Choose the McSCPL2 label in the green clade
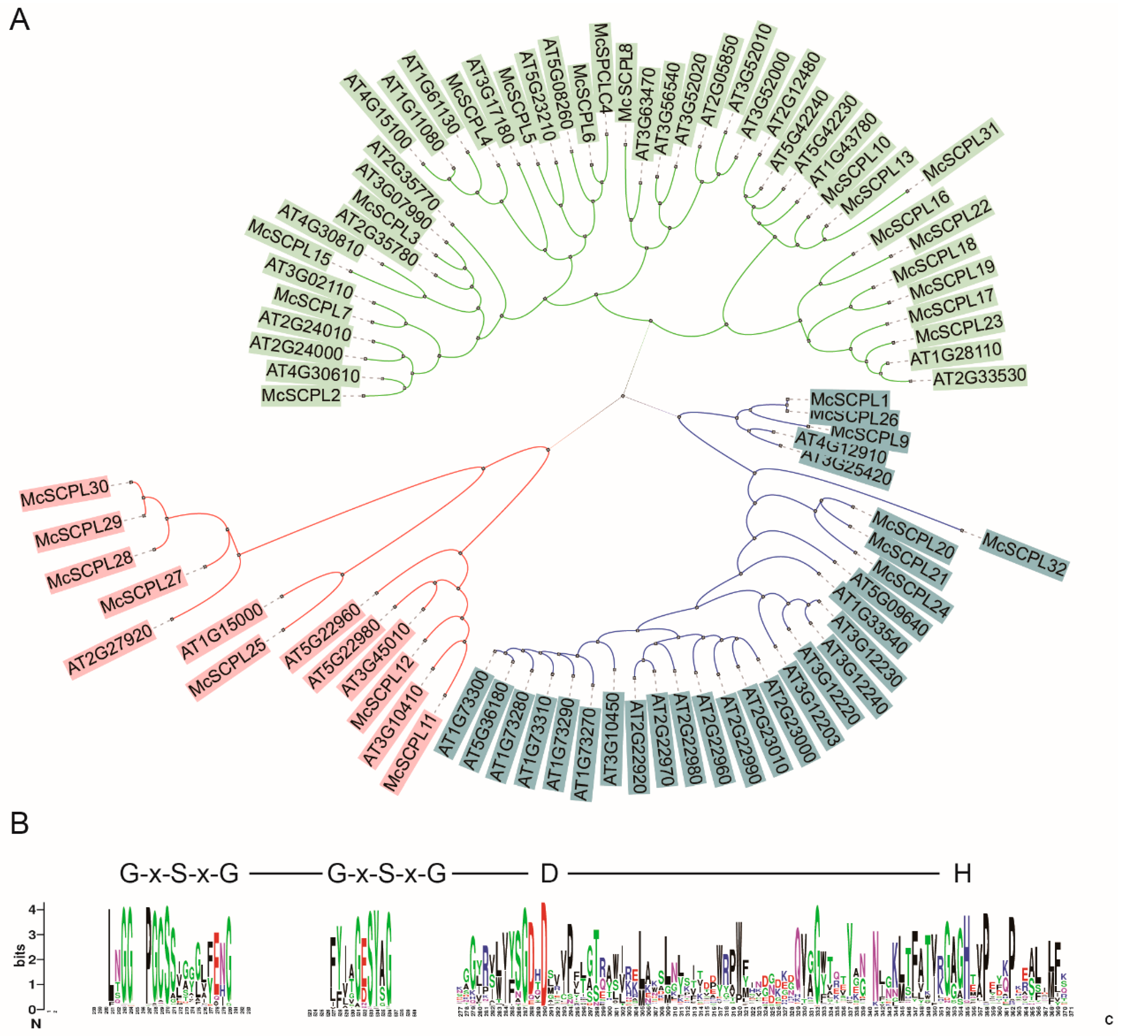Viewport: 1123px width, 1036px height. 301,395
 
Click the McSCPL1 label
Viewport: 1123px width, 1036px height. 849,400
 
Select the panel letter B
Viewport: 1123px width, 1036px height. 20,824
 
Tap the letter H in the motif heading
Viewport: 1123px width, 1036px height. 962,874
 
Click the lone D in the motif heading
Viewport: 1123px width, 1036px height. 549,874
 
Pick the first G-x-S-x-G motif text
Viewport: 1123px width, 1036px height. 179,874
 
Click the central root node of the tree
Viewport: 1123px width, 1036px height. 622,397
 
